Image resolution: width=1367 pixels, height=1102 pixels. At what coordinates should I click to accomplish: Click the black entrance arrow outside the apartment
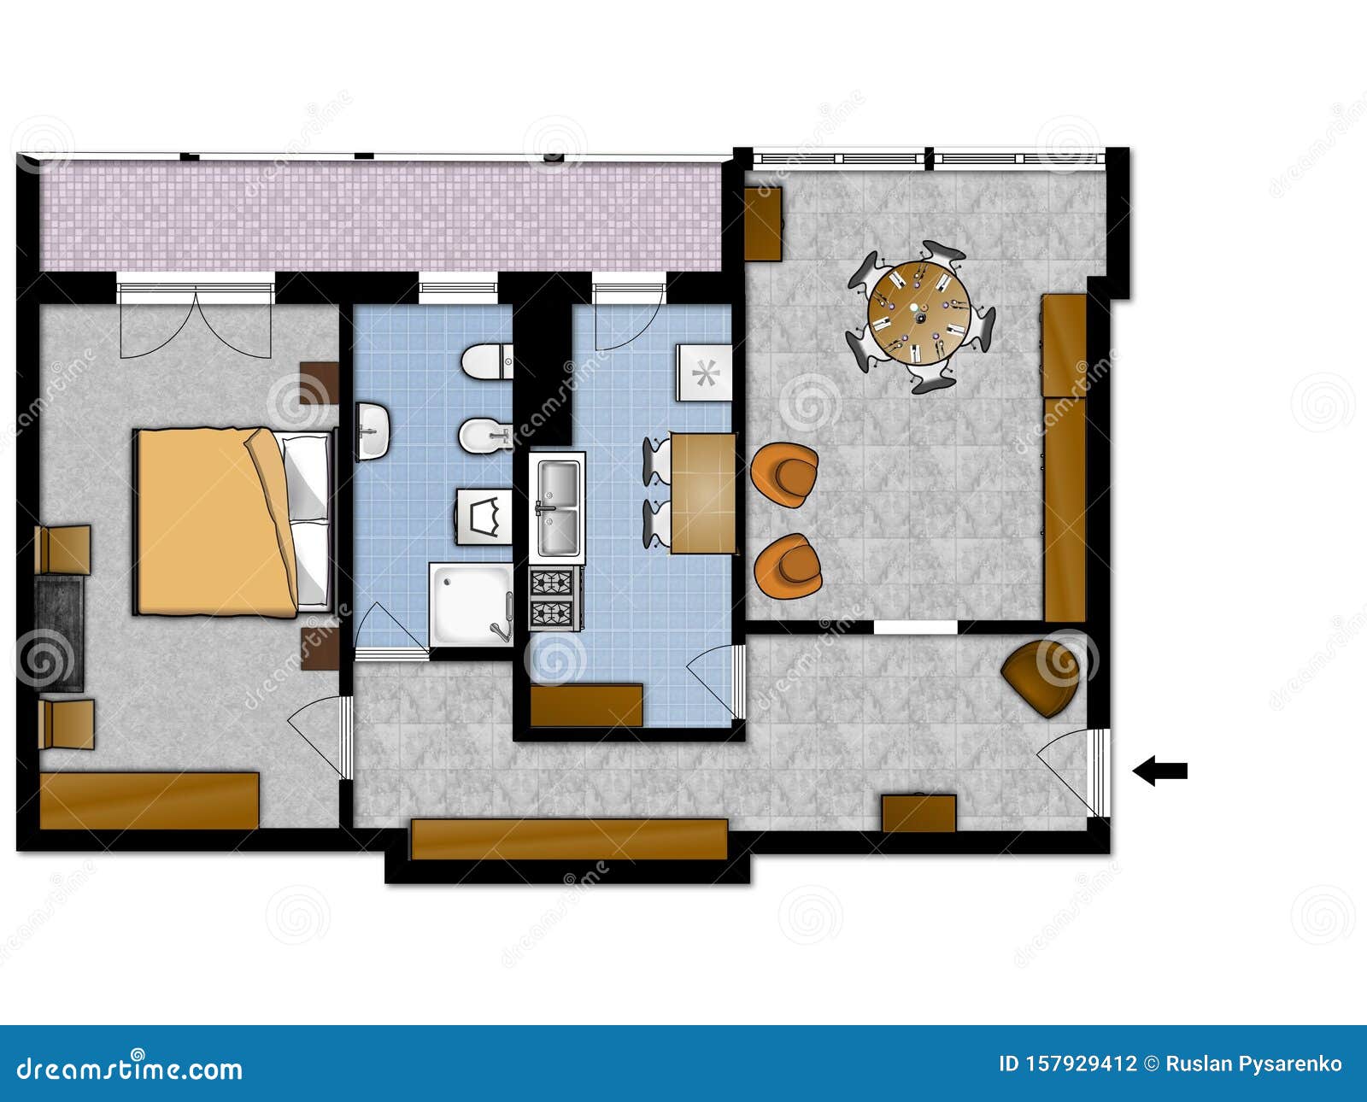tap(1159, 771)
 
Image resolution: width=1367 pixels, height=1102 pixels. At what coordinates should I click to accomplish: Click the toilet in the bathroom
tap(485, 362)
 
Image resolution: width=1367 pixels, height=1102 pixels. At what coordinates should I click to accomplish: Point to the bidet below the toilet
tap(483, 436)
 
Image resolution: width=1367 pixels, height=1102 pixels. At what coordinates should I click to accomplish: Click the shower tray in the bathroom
tap(470, 603)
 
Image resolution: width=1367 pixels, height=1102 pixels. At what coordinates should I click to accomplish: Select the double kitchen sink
tap(557, 507)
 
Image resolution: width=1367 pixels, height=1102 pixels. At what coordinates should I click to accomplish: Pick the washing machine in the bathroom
tap(484, 516)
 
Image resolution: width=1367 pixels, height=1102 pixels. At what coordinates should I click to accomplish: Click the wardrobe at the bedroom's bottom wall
tap(150, 800)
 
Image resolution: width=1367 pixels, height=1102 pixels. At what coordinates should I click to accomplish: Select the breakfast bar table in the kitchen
tap(702, 493)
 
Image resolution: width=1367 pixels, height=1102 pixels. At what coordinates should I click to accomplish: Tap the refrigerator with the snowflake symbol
tap(704, 372)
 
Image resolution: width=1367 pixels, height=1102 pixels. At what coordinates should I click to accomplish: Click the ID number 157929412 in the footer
tap(1068, 1064)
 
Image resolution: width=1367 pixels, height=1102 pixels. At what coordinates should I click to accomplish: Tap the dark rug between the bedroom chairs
tap(60, 632)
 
